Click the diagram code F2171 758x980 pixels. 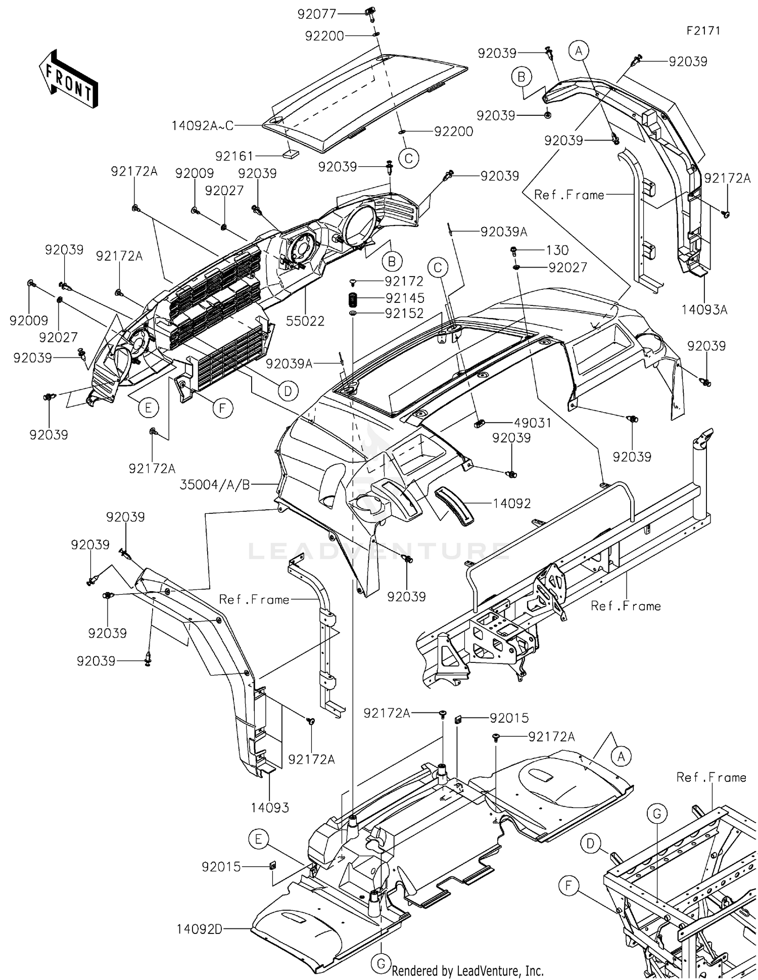coord(703,30)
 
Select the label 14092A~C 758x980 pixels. coord(202,125)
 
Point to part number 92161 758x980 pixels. coord(234,156)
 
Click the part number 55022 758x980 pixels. coord(305,321)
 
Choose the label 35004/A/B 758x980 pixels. coord(215,485)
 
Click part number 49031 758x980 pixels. coord(533,423)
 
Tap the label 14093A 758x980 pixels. coord(704,309)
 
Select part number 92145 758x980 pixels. coord(405,298)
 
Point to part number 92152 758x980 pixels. coord(405,314)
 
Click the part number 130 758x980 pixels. coord(557,250)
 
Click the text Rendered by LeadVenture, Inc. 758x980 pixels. coord(468,970)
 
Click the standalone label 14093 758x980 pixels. coord(270,808)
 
